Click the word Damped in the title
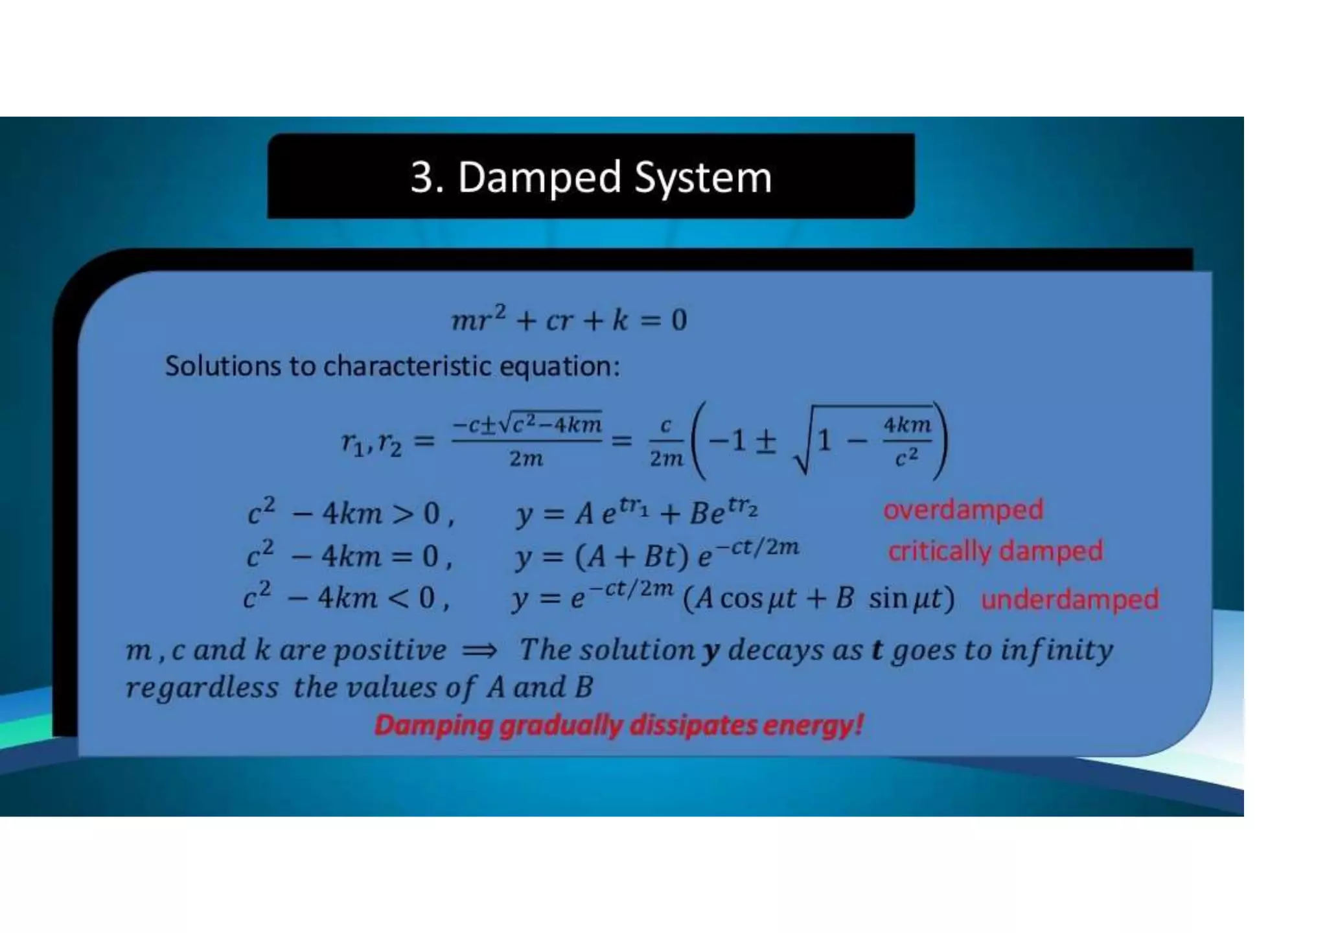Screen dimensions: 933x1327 pos(539,177)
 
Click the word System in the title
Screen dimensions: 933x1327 pos(703,177)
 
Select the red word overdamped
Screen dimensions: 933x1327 pos(963,510)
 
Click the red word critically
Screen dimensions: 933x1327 pos(940,551)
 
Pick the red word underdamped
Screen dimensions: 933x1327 pos(1070,599)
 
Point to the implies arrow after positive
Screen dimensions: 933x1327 pos(480,650)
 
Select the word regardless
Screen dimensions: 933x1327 pos(202,687)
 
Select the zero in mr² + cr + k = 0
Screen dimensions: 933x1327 pos(678,320)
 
